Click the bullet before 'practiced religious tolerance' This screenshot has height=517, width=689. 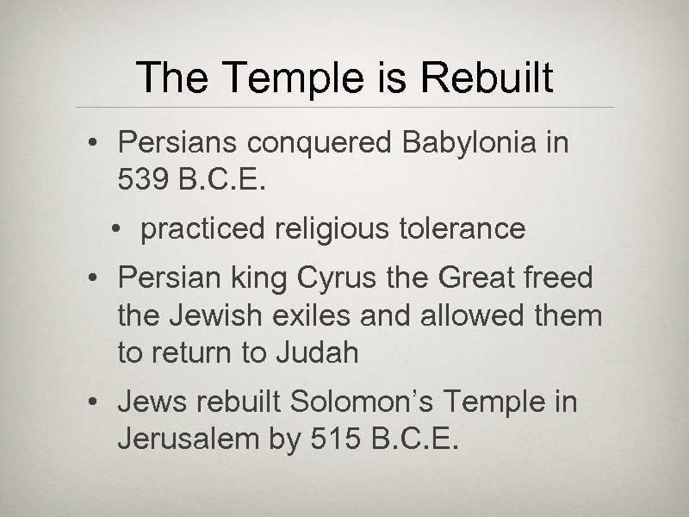coord(115,230)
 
